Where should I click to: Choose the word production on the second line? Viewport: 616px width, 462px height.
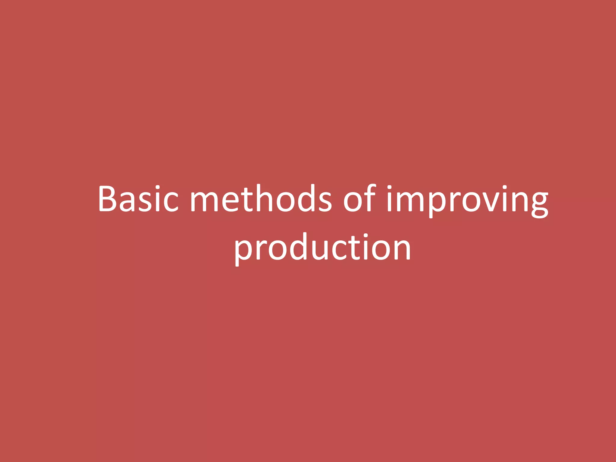[322, 248]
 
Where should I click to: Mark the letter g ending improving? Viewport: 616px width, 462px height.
[539, 203]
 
